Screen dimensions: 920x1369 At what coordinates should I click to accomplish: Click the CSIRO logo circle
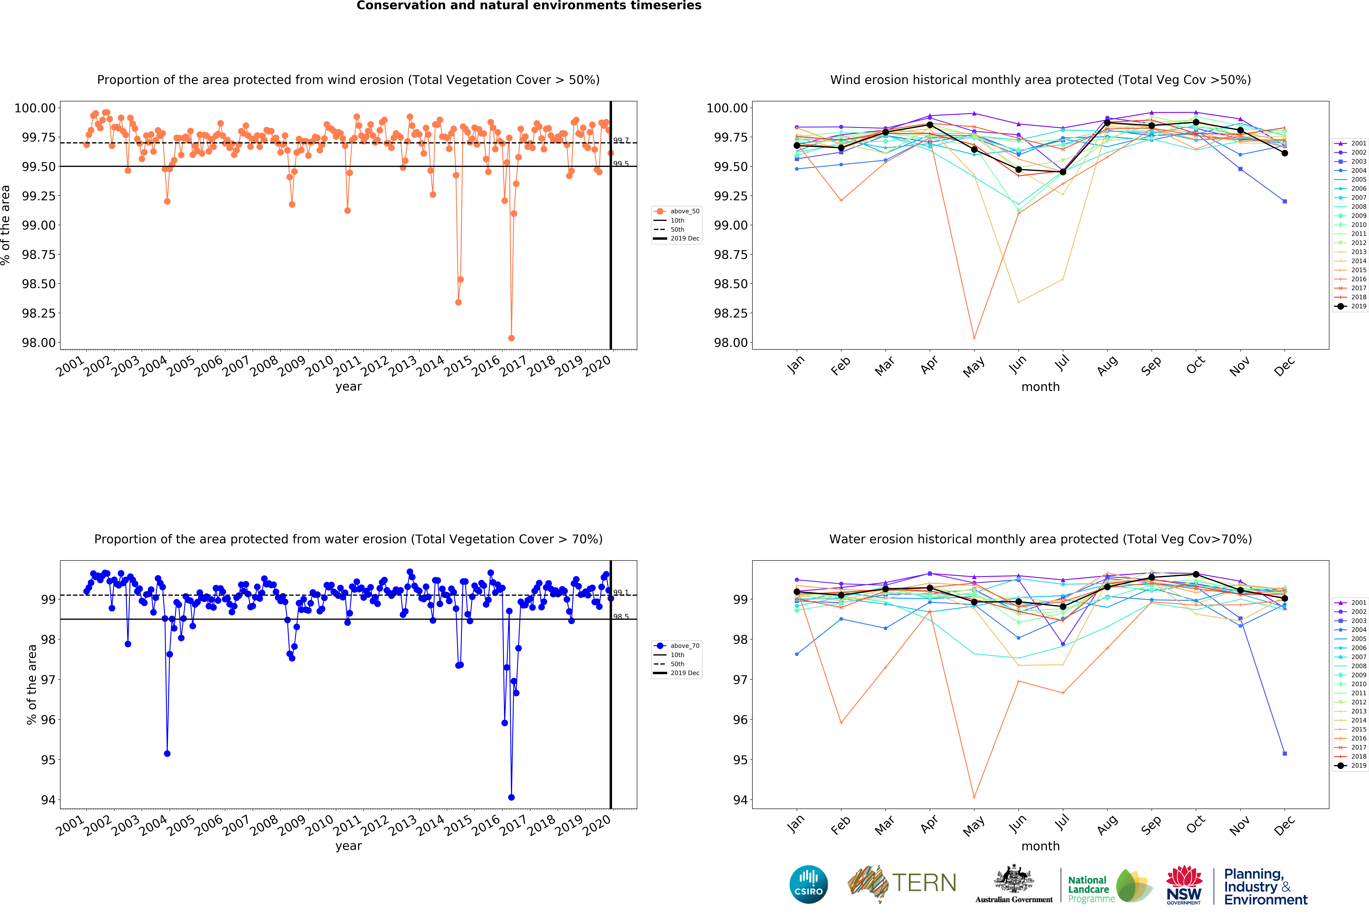[809, 884]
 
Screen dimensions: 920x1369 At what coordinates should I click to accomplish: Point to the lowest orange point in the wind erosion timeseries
[511, 338]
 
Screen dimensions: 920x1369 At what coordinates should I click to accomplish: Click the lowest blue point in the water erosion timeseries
[511, 797]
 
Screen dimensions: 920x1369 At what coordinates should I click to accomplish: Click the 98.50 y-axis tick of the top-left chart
[39, 284]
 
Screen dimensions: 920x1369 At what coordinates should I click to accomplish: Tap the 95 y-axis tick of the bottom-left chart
[48, 760]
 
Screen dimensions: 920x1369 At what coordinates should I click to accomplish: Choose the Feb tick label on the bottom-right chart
[840, 826]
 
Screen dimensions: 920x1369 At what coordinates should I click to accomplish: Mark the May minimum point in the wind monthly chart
[974, 338]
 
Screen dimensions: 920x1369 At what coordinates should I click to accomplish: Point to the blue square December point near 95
[1284, 753]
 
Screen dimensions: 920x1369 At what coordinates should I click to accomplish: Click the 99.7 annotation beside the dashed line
[621, 140]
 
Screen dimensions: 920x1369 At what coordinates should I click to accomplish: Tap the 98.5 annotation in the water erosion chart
[621, 617]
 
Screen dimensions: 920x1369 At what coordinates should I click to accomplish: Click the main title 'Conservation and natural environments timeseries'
[529, 6]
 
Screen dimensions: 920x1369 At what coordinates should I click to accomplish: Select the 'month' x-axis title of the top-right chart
[1040, 387]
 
